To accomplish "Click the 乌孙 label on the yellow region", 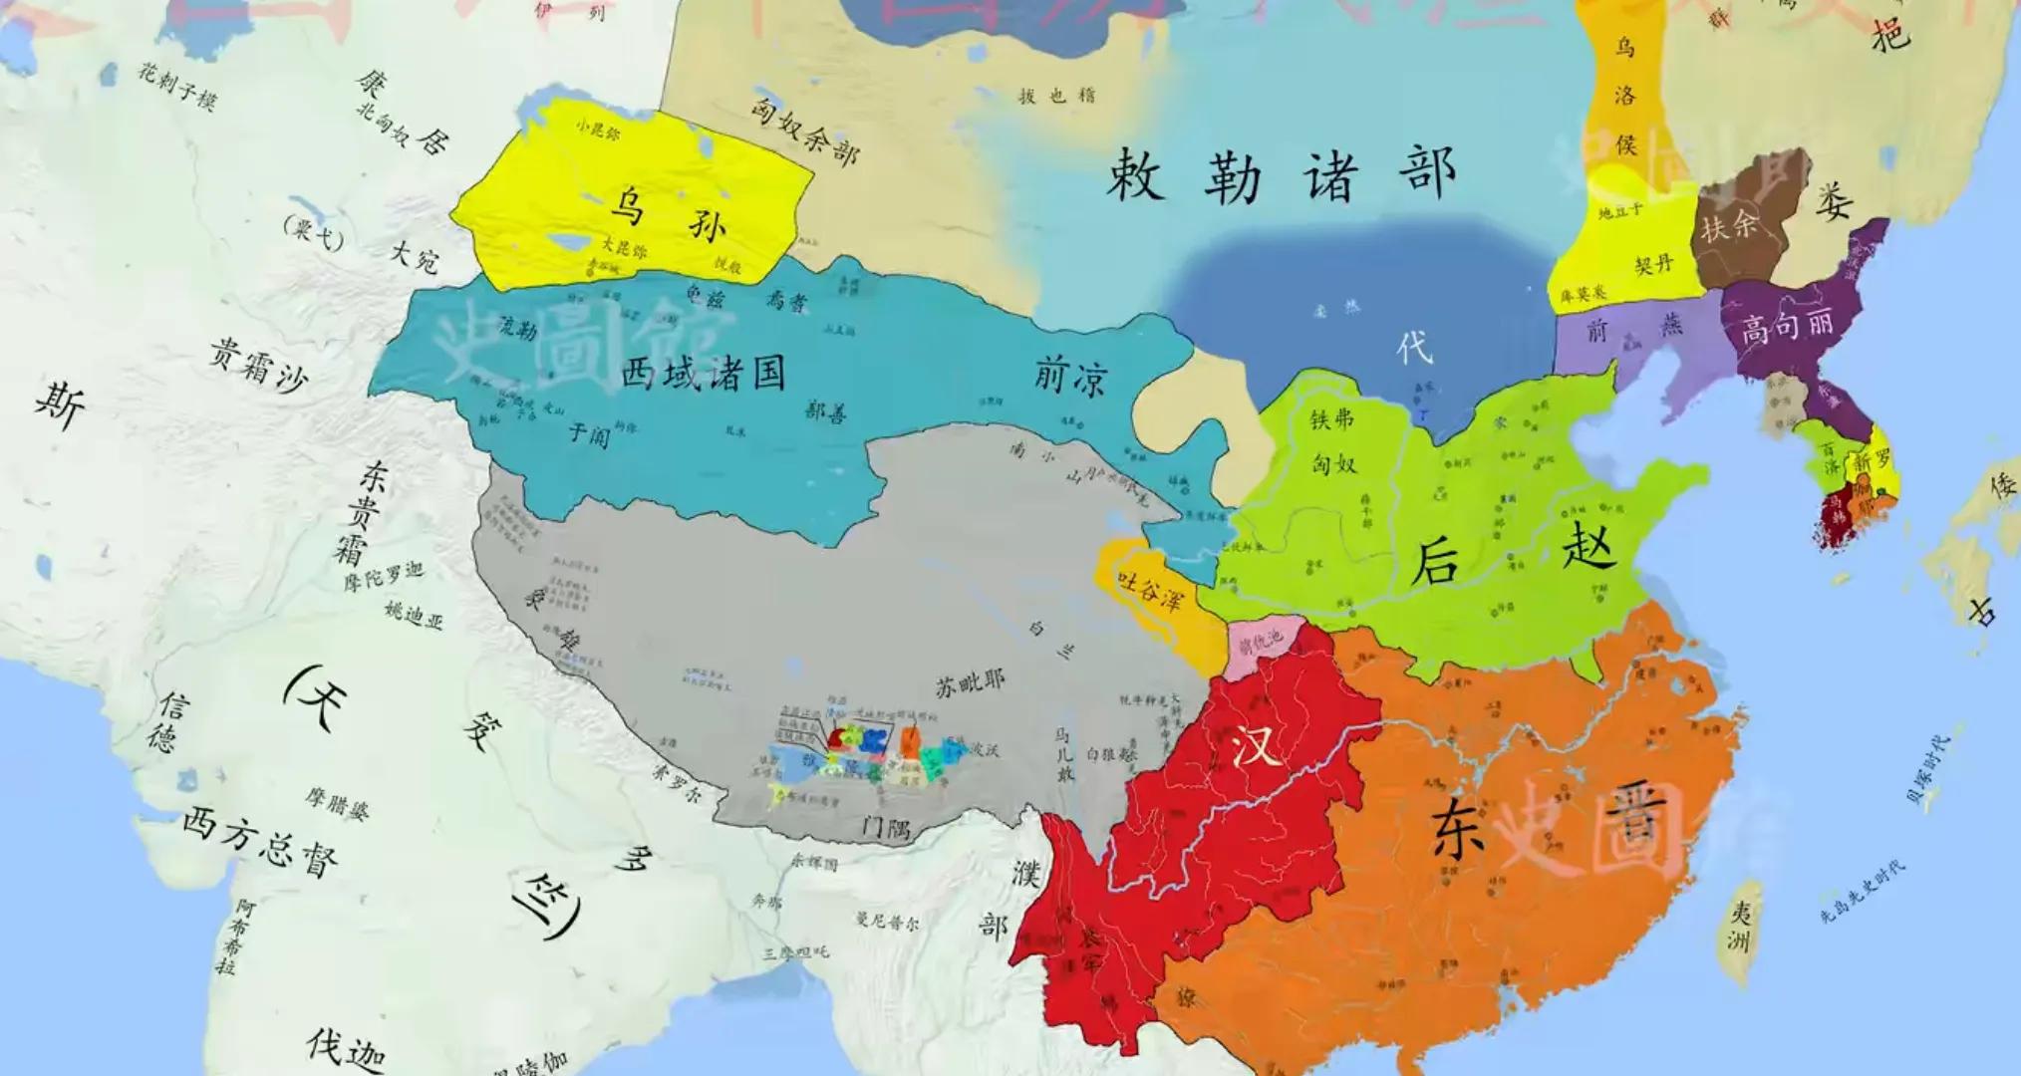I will [x=668, y=213].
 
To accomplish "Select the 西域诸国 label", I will [x=704, y=375].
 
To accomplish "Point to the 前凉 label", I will [x=1070, y=378].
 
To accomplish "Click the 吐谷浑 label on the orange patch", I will [x=1150, y=590].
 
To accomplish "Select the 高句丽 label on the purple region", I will [x=1786, y=327].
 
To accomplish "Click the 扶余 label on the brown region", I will [x=1728, y=226].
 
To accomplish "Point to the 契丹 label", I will [x=1653, y=265].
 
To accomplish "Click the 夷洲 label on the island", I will [x=1740, y=928].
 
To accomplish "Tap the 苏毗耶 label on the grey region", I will [x=970, y=683].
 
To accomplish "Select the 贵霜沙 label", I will [x=258, y=364].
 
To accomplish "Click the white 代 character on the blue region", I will [x=1414, y=348].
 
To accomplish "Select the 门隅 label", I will [x=886, y=826].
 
